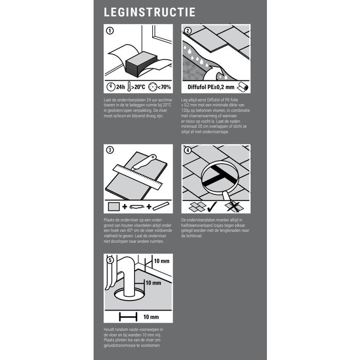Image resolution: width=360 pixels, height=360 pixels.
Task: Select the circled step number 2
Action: [188, 31]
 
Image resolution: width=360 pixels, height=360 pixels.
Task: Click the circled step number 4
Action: [188, 150]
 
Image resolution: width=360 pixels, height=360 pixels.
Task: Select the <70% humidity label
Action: [162, 86]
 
